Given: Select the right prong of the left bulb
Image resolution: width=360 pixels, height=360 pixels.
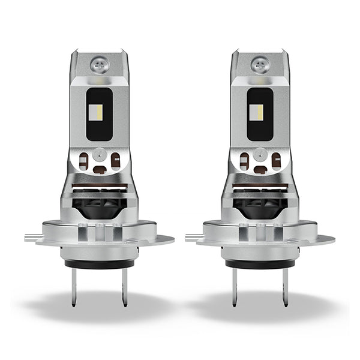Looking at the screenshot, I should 124,287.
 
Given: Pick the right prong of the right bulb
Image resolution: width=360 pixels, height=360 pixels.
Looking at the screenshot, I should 286,287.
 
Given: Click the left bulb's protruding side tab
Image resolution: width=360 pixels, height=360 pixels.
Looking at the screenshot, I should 32,238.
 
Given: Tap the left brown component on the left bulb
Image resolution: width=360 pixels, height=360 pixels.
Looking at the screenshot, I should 84,160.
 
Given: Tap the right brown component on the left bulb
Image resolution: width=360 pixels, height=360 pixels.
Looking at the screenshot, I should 115,160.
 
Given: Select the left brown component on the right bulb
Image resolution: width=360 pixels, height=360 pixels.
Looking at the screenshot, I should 245,160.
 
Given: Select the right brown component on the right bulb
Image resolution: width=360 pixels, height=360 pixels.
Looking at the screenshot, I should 276,160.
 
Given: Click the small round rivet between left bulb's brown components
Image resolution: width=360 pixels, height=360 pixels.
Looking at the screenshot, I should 99,155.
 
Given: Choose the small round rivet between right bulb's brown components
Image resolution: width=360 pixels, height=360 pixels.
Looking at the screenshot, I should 260,155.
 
